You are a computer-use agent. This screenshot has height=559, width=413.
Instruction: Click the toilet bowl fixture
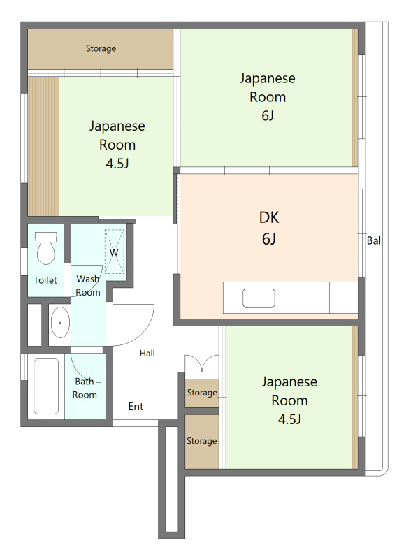point(46,248)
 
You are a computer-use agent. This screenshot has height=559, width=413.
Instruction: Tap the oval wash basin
point(60,322)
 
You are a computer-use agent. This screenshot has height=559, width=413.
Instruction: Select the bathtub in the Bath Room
point(46,386)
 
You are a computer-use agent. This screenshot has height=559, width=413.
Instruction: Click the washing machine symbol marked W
point(115,252)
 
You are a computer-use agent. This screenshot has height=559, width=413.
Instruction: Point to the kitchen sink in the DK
point(259,298)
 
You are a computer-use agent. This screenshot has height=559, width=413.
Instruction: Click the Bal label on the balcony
point(374,240)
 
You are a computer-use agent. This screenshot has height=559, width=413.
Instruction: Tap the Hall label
point(147,354)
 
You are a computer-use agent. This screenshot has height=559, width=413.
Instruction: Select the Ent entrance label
point(136,407)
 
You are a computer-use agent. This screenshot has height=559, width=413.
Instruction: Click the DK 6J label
point(269,228)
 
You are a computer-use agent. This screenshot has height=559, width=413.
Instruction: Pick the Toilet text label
point(45,280)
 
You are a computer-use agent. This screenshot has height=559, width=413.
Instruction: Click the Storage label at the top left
point(101,48)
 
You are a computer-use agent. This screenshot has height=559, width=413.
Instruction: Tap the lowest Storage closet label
point(202,441)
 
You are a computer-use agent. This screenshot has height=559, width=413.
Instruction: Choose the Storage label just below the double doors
point(202,393)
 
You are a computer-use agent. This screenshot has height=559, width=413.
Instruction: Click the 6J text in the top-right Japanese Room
point(268,116)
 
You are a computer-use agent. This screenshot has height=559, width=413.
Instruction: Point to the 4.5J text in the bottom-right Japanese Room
point(289,419)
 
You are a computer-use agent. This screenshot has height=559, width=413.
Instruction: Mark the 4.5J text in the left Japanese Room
point(117,164)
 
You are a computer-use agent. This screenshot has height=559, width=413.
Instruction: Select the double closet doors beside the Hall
point(202,363)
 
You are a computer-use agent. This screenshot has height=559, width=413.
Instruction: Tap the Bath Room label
point(85,389)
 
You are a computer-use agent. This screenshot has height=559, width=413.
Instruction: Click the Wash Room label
point(88,286)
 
